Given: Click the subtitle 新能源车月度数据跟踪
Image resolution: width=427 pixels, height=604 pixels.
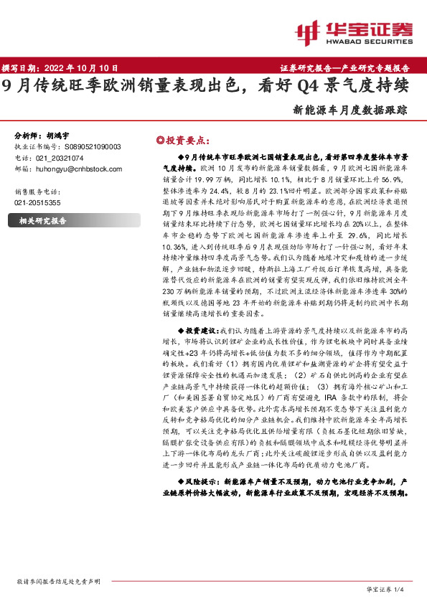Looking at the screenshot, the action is [350, 110].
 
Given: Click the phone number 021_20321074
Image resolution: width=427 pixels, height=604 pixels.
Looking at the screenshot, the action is [59, 158].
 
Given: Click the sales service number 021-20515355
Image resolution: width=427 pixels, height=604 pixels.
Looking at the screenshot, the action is [37, 203].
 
